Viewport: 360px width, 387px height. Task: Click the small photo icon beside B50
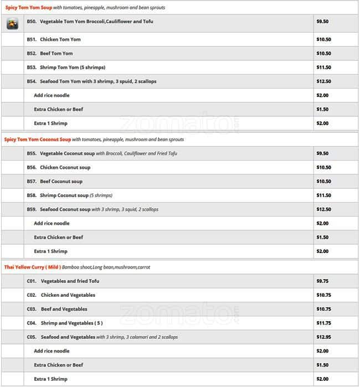[x=12, y=23]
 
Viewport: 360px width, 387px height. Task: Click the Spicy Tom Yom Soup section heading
[x=29, y=8]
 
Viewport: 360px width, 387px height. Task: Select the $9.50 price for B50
[x=322, y=22]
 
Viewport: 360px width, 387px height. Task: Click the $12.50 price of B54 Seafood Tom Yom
[x=323, y=81]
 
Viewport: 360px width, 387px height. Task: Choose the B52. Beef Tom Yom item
[x=50, y=54]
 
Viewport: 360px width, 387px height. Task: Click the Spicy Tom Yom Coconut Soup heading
[x=37, y=140]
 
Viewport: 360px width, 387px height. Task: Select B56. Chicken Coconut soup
[x=58, y=167]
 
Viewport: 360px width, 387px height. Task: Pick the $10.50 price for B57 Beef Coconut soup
[x=323, y=182]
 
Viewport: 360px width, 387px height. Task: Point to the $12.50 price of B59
[x=323, y=209]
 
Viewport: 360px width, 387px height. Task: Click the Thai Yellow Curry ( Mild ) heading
[x=32, y=267]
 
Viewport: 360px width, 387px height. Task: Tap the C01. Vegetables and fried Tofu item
[x=63, y=281]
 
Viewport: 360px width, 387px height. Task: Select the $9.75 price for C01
[x=322, y=281]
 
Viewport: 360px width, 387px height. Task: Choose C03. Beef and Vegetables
[x=57, y=309]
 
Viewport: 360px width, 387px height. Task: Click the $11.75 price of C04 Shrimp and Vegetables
[x=323, y=323]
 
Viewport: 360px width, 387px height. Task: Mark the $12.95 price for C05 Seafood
[x=323, y=337]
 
